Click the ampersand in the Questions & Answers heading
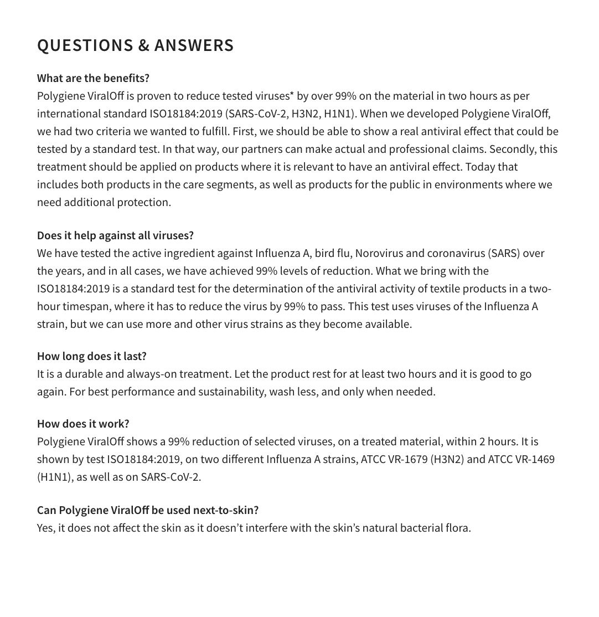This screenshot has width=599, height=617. (144, 45)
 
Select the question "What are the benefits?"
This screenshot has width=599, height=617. (93, 78)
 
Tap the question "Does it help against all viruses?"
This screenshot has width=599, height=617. (115, 235)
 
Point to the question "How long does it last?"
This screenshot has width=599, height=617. (92, 356)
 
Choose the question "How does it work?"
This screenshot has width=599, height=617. (83, 424)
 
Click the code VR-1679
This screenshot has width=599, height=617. (407, 459)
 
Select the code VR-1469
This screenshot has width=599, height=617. (534, 459)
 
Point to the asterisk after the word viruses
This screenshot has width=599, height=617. (292, 95)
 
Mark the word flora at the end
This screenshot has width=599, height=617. (457, 528)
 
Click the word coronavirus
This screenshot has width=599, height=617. (456, 253)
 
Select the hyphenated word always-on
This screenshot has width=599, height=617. (152, 374)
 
